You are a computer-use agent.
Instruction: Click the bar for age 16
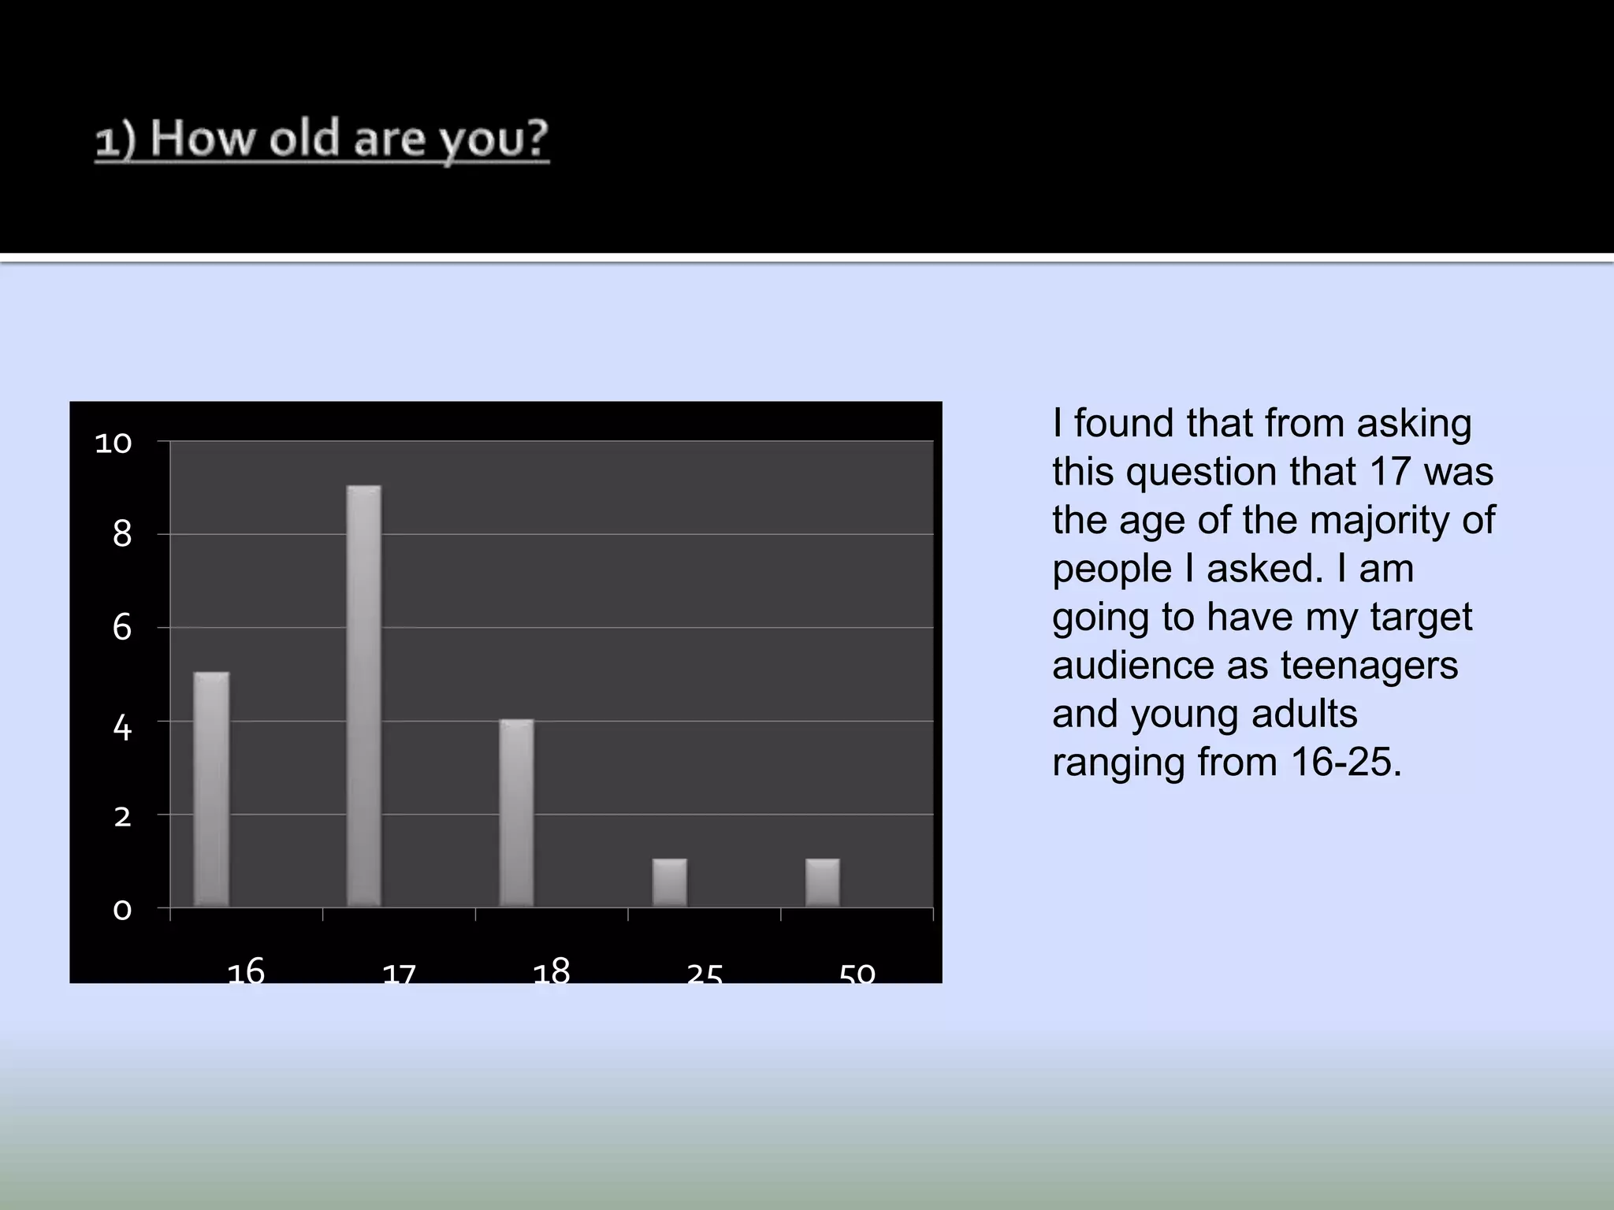tap(211, 789)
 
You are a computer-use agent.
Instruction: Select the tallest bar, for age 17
tap(364, 696)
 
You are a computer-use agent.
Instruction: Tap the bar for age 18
tap(516, 813)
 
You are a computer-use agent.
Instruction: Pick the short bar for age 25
tap(669, 882)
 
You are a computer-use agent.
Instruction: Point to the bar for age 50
tap(822, 882)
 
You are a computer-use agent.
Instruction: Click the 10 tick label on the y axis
tap(113, 444)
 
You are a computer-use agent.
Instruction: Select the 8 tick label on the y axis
tap(122, 535)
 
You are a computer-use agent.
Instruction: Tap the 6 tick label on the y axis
tap(122, 628)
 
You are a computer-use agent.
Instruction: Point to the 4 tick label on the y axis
tap(122, 728)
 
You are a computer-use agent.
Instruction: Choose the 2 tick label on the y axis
tap(122, 817)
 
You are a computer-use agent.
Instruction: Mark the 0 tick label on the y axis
tap(122, 910)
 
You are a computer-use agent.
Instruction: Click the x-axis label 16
tap(246, 971)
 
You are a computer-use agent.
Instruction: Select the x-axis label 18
tap(552, 971)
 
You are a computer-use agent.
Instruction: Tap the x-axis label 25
tap(705, 975)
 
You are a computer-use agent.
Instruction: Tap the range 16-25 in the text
tap(1345, 763)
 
